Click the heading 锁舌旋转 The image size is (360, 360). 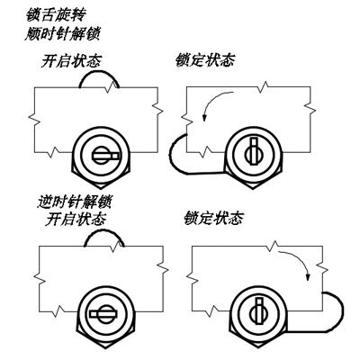tap(57, 15)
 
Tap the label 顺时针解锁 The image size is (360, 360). tap(62, 34)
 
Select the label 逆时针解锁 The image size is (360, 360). tap(75, 202)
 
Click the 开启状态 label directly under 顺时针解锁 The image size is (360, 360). tap(71, 61)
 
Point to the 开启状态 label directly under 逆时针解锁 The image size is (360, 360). tap(76, 219)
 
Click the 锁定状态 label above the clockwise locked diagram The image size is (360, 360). tap(205, 60)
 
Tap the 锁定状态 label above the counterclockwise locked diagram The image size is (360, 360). tap(213, 218)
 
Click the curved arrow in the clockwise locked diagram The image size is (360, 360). tap(211, 101)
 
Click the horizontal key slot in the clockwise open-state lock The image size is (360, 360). tap(106, 156)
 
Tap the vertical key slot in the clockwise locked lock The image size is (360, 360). tap(254, 151)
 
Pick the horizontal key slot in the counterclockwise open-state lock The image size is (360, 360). tap(103, 314)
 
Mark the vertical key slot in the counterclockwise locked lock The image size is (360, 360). tap(259, 311)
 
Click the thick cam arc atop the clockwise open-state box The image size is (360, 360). tap(99, 71)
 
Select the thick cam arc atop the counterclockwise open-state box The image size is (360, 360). tap(104, 230)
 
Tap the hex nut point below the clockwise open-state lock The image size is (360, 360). tap(101, 188)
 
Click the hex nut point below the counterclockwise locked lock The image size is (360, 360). tap(259, 348)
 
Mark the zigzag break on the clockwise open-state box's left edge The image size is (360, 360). tap(35, 120)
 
